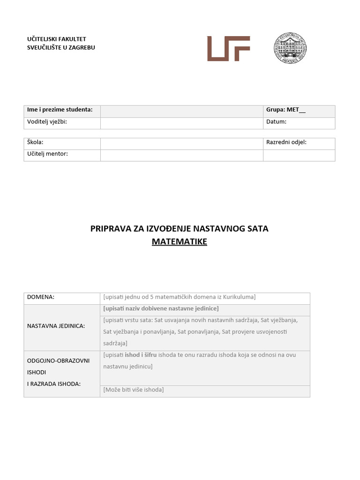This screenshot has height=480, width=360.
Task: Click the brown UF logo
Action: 228,48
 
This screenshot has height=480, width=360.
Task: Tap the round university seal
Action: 290,48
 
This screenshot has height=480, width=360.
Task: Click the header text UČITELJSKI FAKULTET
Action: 57,39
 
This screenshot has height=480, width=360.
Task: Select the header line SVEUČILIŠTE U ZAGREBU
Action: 61,47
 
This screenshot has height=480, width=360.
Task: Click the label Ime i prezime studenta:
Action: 60,110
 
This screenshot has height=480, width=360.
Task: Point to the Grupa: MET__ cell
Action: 285,110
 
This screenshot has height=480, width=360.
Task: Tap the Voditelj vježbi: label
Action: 47,121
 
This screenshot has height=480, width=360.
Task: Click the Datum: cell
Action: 276,121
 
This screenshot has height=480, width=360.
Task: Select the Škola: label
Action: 35,142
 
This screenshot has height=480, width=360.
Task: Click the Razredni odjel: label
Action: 286,142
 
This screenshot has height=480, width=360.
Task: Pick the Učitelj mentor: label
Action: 47,153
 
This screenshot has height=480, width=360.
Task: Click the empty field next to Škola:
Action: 181,143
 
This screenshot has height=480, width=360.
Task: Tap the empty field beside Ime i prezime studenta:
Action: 181,111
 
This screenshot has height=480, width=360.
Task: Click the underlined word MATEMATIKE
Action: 179,242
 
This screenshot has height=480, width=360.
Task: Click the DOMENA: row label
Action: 41,297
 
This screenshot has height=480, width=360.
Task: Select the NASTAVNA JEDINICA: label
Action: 56,326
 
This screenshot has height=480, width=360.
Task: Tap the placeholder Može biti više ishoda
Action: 134,390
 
